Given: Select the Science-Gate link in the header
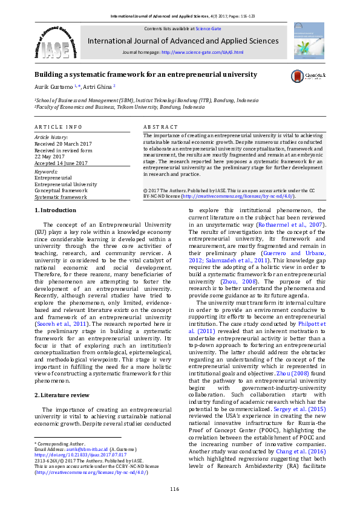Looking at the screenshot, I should [208, 28].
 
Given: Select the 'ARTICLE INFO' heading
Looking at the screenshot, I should [58, 127].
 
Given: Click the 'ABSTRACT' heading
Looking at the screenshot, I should [160, 127].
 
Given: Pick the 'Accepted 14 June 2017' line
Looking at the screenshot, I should [59, 164].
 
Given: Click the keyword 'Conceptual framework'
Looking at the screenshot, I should [61, 190].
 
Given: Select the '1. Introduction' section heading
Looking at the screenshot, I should [55, 210].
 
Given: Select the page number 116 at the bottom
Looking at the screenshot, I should [174, 488].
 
